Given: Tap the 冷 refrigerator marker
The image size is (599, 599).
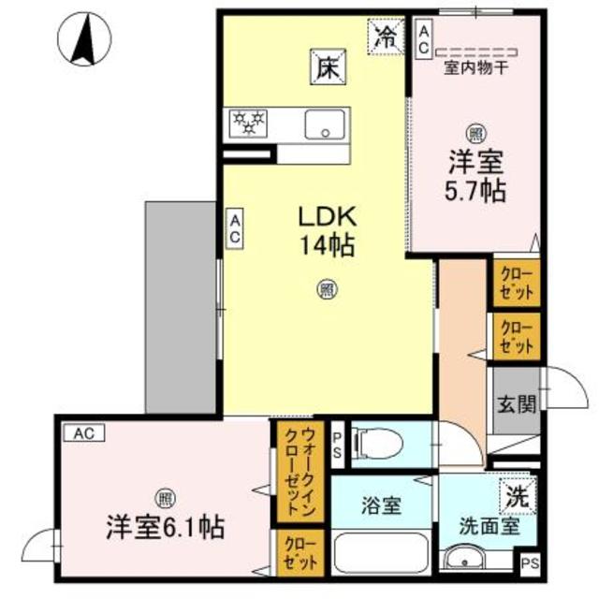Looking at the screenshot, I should tap(385, 37).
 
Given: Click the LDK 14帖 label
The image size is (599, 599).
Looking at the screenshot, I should tap(325, 231).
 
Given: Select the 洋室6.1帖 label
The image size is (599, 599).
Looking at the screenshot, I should tap(164, 527).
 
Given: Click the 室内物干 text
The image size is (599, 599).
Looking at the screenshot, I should tap(475, 66).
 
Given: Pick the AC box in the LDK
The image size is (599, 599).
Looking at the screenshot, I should tap(235, 229).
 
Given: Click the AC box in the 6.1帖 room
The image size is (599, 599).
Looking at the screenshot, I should tap(84, 433).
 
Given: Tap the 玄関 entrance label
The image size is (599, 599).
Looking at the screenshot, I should tap(517, 404).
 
